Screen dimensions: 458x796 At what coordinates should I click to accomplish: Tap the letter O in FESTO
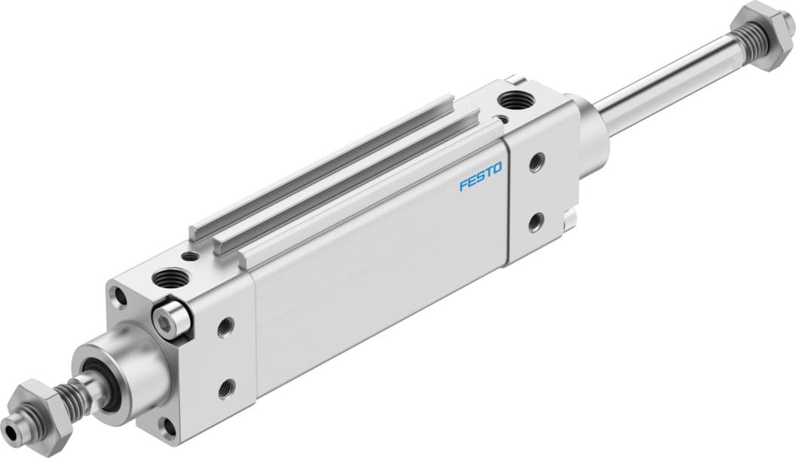[497, 177]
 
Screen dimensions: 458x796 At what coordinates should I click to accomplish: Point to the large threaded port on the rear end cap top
[515, 99]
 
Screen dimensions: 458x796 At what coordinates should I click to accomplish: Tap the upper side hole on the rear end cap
[537, 162]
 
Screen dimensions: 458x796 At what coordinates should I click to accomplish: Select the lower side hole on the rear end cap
[536, 222]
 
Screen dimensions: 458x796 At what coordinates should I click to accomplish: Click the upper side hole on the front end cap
[225, 327]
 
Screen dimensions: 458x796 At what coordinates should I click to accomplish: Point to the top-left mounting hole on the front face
[119, 297]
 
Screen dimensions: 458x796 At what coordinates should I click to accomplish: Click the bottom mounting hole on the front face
[169, 426]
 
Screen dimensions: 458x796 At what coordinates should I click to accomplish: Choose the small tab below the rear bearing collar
[571, 219]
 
